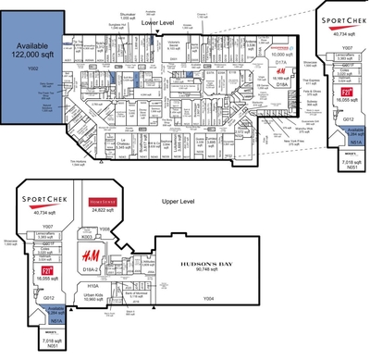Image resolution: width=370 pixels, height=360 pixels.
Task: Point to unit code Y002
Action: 31,69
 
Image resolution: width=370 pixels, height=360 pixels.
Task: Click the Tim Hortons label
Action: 58,161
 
